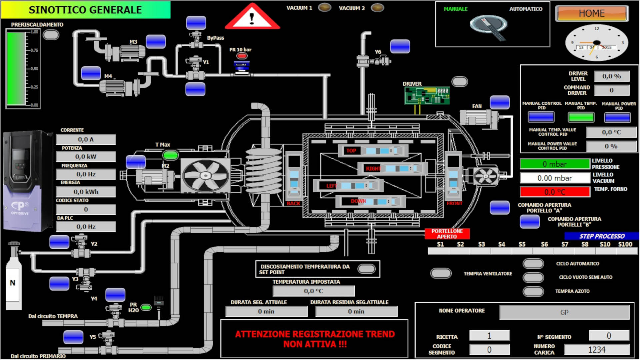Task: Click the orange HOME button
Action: click(x=592, y=13)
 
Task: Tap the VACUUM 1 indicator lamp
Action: click(x=324, y=7)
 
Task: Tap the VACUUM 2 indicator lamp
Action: click(x=377, y=7)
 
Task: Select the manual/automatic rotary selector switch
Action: click(x=489, y=25)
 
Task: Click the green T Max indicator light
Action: click(x=170, y=155)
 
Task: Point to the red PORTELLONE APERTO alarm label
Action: click(x=447, y=234)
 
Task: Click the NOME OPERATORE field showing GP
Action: click(x=564, y=312)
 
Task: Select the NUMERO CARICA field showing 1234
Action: click(x=596, y=350)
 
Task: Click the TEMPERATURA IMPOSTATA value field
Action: click(x=313, y=291)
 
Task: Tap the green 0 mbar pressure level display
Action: click(x=554, y=164)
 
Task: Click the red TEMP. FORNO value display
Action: click(x=554, y=192)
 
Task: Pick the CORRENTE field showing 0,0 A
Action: click(x=86, y=139)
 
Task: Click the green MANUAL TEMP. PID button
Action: click(x=581, y=117)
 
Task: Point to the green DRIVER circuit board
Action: click(x=427, y=96)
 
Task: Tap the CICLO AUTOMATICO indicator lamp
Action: click(x=533, y=264)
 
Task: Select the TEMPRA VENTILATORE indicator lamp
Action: click(x=441, y=273)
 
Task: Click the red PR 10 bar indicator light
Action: click(x=242, y=56)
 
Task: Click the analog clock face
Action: click(x=596, y=43)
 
